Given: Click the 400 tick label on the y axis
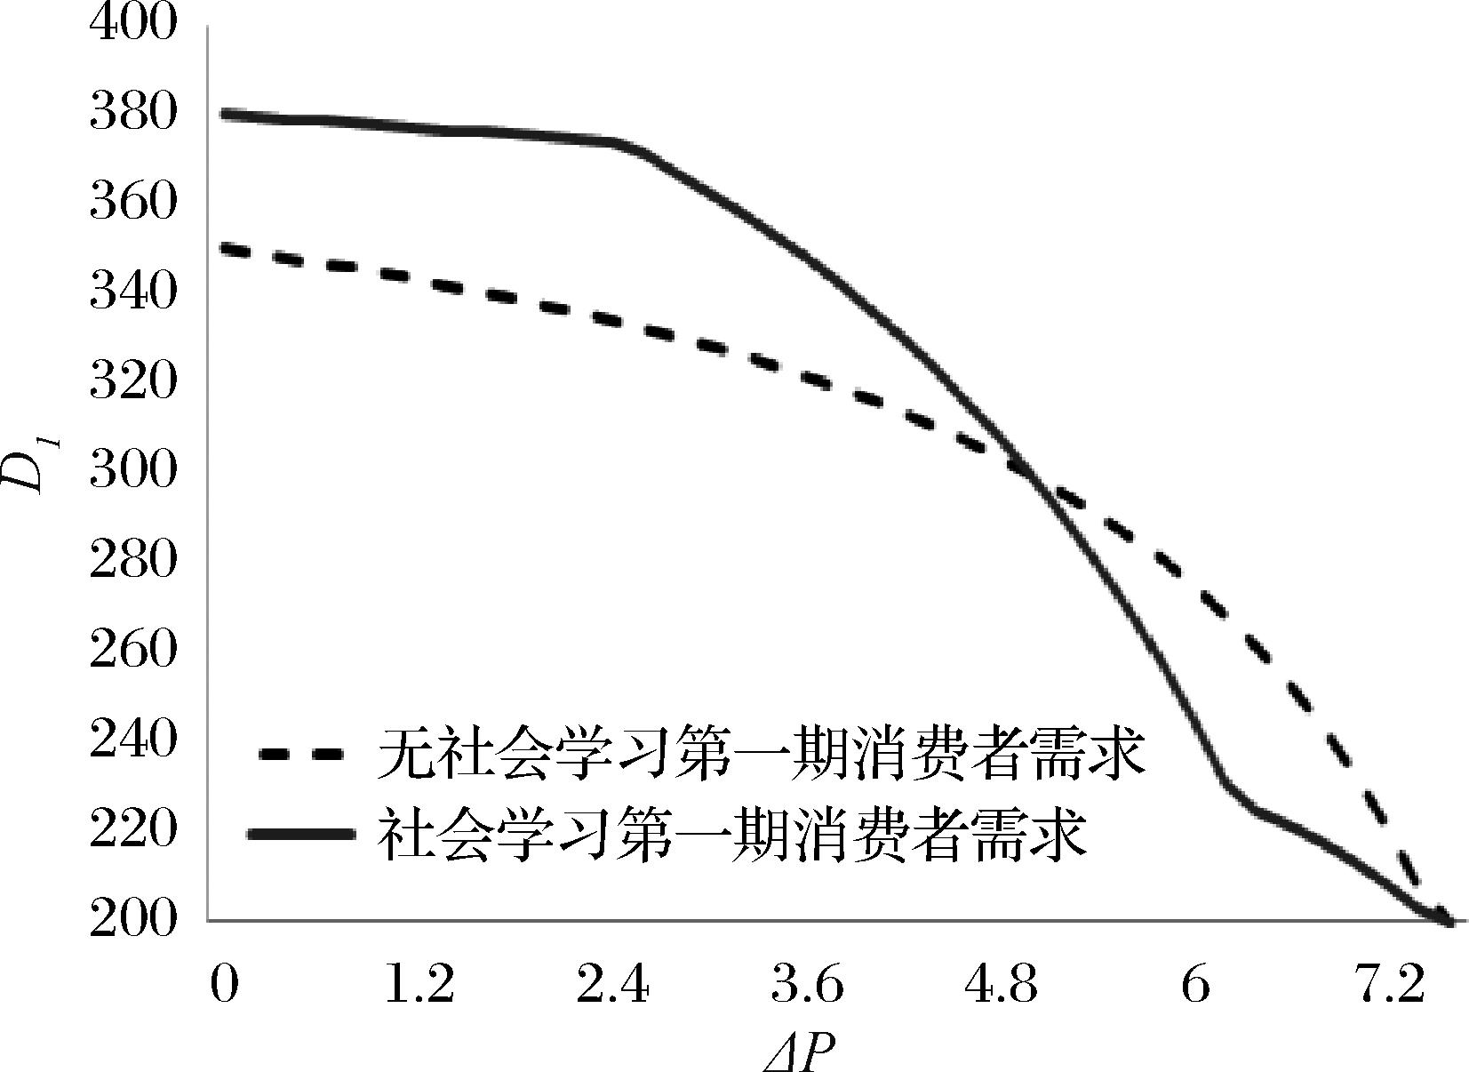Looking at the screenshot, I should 133,23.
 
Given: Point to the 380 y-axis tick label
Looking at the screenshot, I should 133,114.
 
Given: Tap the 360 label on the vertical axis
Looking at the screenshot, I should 133,204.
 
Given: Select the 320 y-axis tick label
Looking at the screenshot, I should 133,382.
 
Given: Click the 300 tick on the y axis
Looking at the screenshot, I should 133,471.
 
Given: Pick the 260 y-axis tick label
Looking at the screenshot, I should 133,651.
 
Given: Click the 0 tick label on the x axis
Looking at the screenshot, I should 224,987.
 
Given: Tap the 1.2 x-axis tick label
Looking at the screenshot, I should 418,987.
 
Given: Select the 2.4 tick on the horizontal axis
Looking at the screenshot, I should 613,987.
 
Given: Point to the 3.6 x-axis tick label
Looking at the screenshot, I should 807,987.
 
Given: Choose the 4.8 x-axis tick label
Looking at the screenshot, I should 1002,987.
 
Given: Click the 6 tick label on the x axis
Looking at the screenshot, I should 1195,987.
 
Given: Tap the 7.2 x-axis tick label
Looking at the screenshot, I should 1391,987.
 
